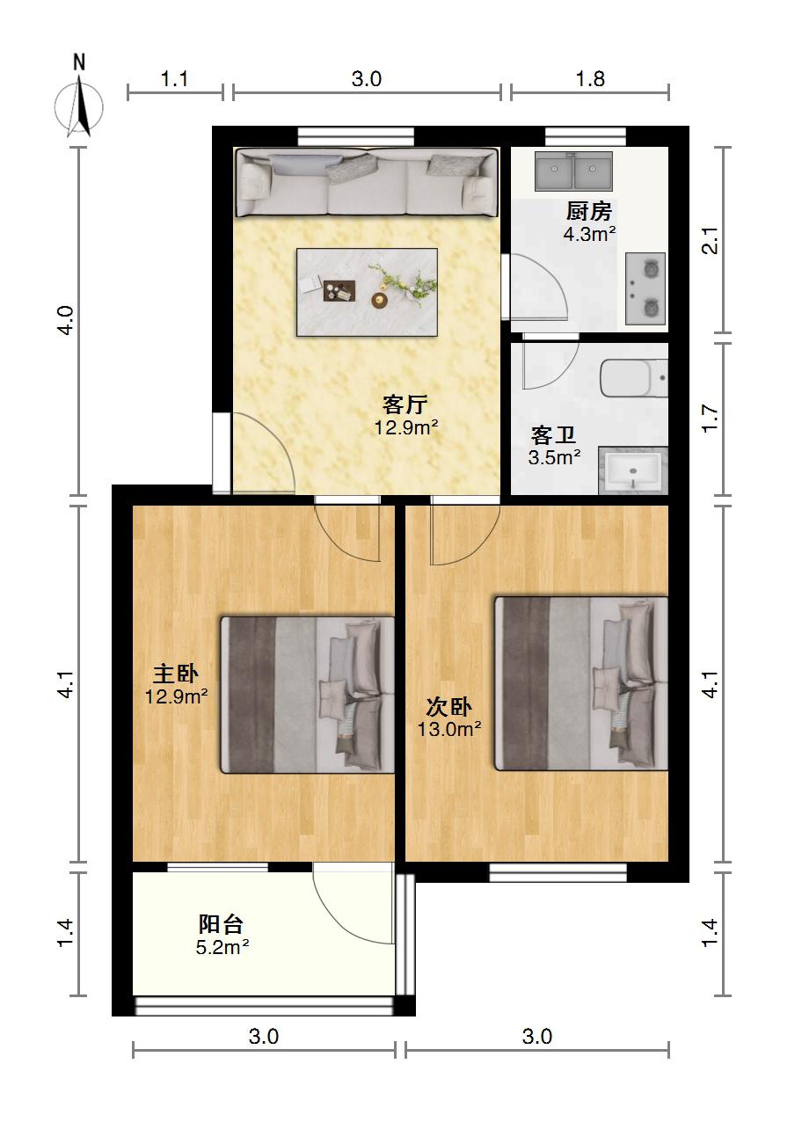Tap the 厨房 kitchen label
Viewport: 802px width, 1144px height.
(589, 211)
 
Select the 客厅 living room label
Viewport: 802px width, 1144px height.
(405, 404)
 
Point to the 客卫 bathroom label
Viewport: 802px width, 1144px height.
(554, 434)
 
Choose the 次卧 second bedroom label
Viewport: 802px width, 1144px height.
(448, 707)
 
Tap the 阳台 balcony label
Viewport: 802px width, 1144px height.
(222, 924)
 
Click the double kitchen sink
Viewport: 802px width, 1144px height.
(573, 171)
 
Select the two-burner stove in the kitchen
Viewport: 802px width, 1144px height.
(645, 288)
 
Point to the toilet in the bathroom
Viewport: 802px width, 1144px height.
(634, 378)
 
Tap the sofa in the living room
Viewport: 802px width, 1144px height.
(367, 182)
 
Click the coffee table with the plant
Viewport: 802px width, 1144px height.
(367, 292)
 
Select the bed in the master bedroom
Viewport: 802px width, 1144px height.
(308, 695)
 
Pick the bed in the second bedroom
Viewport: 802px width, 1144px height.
(581, 683)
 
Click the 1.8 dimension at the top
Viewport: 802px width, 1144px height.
(591, 78)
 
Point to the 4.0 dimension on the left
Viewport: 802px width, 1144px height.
(67, 320)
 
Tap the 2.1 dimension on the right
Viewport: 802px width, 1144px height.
(711, 240)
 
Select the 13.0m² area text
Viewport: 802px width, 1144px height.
(449, 729)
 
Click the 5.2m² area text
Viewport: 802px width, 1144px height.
(222, 947)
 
